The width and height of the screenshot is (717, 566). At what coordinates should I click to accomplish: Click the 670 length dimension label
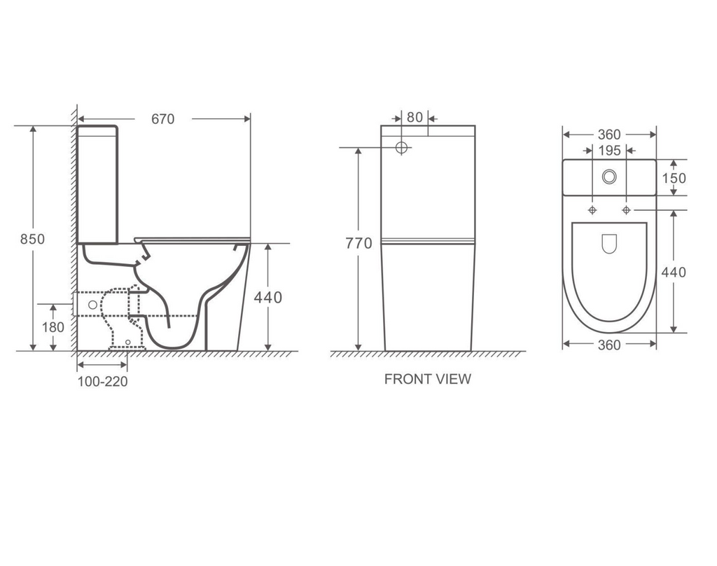click(x=162, y=119)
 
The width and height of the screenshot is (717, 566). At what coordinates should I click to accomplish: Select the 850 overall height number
click(x=32, y=239)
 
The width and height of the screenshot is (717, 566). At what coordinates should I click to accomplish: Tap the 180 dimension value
click(x=53, y=327)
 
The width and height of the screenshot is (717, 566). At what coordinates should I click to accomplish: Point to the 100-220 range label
click(x=102, y=382)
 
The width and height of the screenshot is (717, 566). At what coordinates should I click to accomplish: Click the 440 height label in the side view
click(x=267, y=298)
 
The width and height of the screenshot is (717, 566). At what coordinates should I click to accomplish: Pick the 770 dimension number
click(x=358, y=244)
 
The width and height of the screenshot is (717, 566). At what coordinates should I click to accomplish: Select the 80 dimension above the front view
click(x=415, y=118)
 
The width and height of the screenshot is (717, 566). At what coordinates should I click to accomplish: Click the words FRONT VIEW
click(x=427, y=379)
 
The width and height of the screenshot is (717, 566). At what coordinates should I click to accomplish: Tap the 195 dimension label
click(x=609, y=151)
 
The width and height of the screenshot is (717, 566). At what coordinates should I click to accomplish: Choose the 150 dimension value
click(x=674, y=178)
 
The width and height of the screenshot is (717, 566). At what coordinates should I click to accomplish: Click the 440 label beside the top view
click(x=674, y=272)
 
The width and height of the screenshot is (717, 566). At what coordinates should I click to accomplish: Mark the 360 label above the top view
click(x=609, y=134)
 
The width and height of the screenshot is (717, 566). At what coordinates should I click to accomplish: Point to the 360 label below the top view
click(x=609, y=345)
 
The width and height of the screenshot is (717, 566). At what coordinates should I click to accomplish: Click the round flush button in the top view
click(x=609, y=177)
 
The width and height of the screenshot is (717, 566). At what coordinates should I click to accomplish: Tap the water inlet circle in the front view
click(x=402, y=148)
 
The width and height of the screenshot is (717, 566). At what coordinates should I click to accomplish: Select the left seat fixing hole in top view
click(x=592, y=210)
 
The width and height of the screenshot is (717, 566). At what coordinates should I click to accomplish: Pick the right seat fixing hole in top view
click(x=626, y=210)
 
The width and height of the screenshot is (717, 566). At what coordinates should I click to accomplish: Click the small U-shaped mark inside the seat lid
click(x=609, y=243)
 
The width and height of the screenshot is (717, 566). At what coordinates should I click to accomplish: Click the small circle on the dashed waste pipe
click(x=91, y=305)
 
